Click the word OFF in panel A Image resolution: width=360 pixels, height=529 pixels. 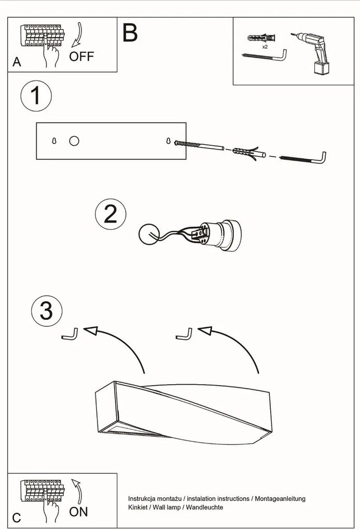pyautogui.click(x=81, y=56)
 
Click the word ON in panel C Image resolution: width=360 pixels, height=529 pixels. pyautogui.click(x=78, y=511)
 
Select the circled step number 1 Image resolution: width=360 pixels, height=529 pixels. pyautogui.click(x=36, y=95)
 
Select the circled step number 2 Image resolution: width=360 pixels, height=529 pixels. pyautogui.click(x=110, y=214)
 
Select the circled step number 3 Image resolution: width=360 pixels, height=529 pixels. pyautogui.click(x=47, y=311)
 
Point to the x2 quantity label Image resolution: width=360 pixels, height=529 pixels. pyautogui.click(x=265, y=47)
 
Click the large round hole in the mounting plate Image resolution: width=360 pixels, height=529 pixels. pyautogui.click(x=74, y=141)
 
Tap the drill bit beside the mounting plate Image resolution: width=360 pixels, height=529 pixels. pyautogui.click(x=199, y=145)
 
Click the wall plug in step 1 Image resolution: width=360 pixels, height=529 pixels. pyautogui.click(x=248, y=152)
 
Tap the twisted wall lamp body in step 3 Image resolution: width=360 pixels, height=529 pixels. pyautogui.click(x=183, y=413)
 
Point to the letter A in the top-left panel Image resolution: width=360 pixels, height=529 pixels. pyautogui.click(x=17, y=62)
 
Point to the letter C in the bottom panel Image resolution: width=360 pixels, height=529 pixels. pyautogui.click(x=17, y=518)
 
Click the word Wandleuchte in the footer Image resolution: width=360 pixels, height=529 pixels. pyautogui.click(x=204, y=507)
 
